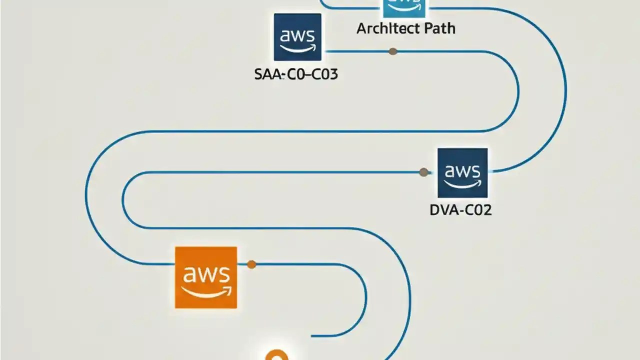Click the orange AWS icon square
(x=205, y=277)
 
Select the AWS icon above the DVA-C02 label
(x=462, y=173)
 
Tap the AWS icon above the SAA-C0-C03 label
(x=297, y=37)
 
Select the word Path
(x=436, y=28)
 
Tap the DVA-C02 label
(x=460, y=210)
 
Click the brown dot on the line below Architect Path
(x=393, y=51)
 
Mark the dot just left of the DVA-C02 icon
(x=423, y=172)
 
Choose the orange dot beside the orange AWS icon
(x=251, y=264)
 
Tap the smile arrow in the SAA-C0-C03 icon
(x=298, y=47)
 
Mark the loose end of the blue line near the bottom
(x=312, y=336)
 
